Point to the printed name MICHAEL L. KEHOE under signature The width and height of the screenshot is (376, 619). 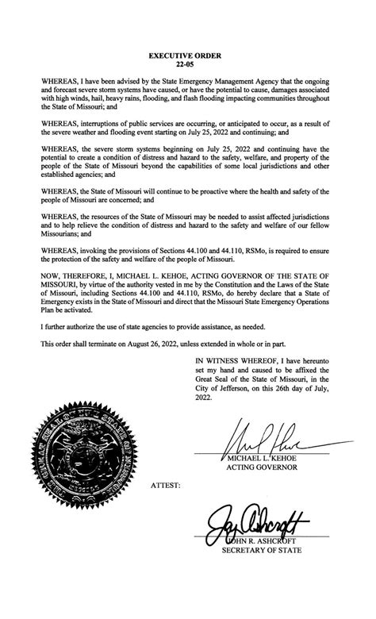tap(262, 459)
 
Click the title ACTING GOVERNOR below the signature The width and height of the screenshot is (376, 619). tap(263, 468)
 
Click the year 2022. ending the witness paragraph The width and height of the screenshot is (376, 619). tap(205, 399)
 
